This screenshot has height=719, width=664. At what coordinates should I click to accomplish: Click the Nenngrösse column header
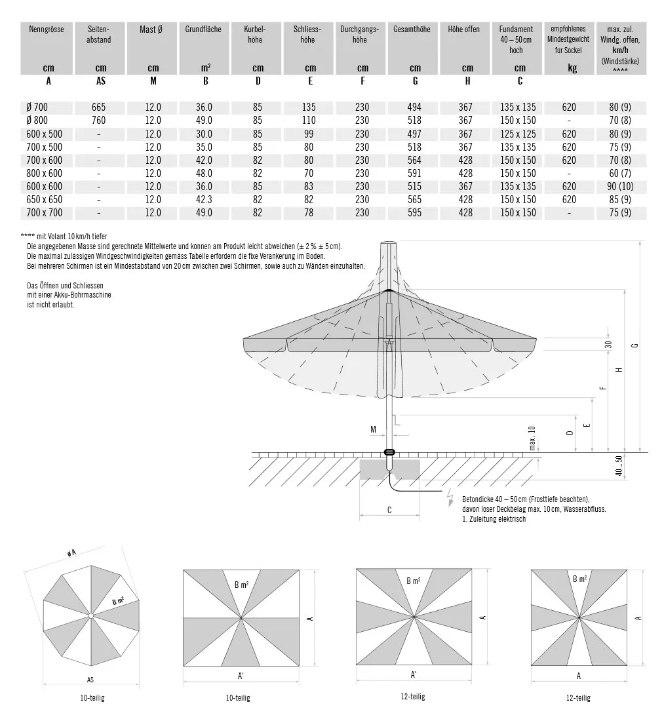point(48,29)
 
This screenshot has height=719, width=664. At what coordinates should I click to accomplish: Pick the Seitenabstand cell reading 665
point(100,107)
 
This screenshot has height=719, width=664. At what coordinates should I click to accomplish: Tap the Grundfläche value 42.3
point(205,199)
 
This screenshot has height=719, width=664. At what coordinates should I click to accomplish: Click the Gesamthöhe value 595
point(415,212)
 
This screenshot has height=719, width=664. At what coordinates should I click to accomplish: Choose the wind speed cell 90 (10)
point(621,186)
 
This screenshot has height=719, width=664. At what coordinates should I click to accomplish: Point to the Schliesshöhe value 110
point(310,121)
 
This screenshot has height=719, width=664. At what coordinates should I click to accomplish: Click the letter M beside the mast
point(373,430)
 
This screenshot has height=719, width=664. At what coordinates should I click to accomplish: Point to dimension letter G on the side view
point(635,345)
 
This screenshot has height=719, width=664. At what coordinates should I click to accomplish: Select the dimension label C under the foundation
point(389,511)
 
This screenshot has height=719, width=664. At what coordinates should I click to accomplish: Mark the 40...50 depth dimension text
point(619,467)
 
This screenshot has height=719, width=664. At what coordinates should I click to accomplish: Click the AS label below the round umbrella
point(90,680)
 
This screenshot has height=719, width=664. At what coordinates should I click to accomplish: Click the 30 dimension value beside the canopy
point(608,345)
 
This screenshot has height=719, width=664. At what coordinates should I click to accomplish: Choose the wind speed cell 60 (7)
point(621,173)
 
